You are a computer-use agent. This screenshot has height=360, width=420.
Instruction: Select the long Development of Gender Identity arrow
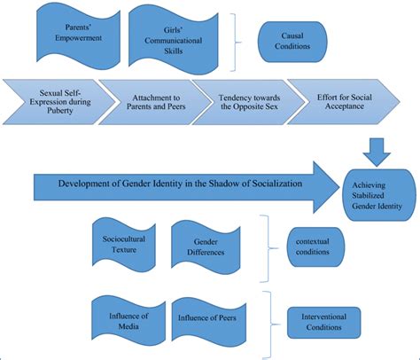point(177,184)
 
